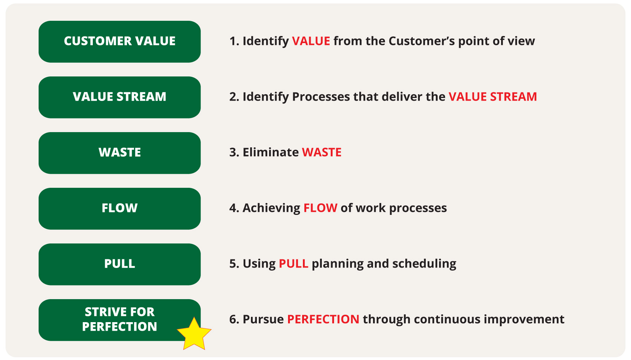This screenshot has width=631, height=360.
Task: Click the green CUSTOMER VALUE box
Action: [x=120, y=42]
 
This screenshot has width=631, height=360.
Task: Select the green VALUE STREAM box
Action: [x=120, y=97]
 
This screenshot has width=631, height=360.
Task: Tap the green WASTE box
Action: [x=120, y=153]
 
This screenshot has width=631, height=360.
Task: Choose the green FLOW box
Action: [x=120, y=209]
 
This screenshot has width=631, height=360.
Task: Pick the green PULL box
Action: [x=120, y=264]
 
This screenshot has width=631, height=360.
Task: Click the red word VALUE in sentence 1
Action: [x=311, y=41]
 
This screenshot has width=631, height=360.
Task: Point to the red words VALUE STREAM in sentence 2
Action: [x=493, y=96]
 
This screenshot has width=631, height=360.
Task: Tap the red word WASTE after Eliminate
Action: [x=322, y=153]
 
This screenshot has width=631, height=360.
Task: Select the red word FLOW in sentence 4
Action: [x=320, y=208]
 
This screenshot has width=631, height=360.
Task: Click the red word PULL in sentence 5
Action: [x=294, y=264]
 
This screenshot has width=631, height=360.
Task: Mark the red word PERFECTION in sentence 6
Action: [x=323, y=320]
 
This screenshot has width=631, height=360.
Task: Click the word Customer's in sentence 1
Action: [x=422, y=41]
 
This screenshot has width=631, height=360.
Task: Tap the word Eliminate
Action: [x=271, y=153]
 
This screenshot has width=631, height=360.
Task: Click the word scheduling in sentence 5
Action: [x=424, y=264]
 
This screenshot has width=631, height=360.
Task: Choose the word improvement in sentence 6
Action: [x=524, y=320]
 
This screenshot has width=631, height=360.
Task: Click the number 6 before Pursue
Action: [x=232, y=320]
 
